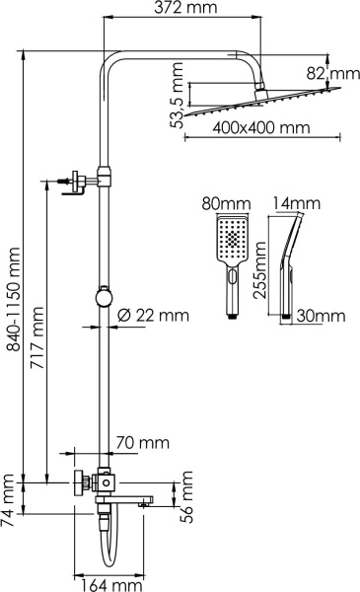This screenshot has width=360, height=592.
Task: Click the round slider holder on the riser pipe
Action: tap(102, 294)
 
